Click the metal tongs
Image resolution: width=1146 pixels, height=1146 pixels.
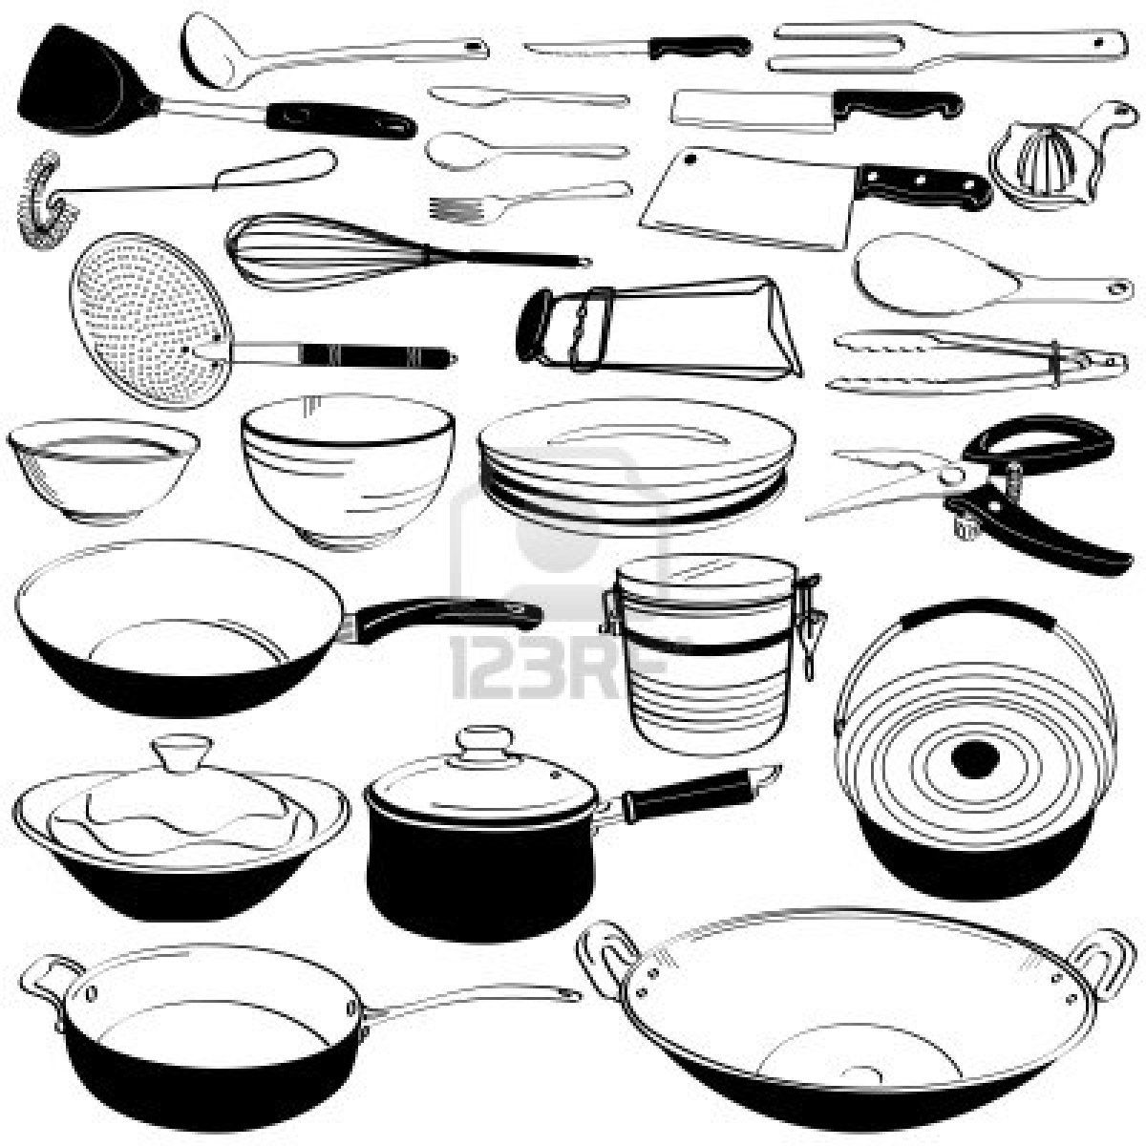pos(965,363)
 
